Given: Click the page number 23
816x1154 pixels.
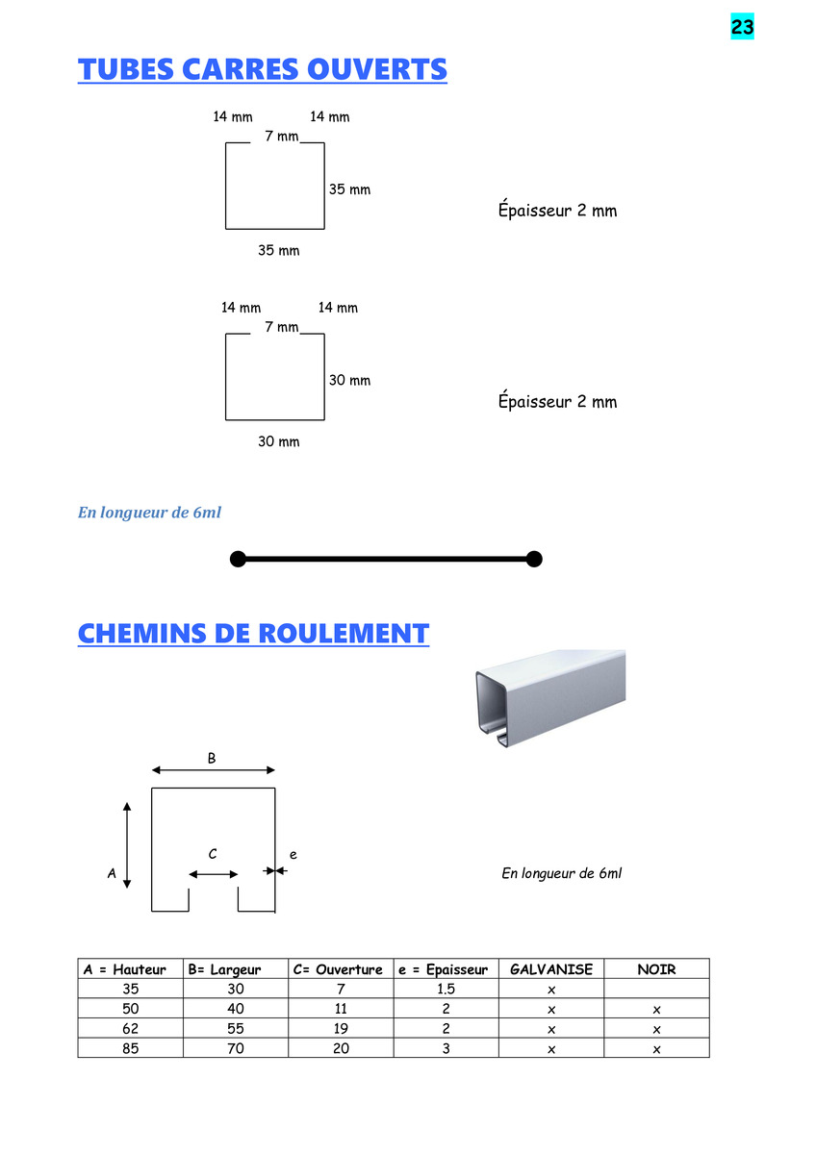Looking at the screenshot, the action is point(742,26).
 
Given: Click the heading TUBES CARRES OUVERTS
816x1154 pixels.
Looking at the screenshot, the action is point(263,69).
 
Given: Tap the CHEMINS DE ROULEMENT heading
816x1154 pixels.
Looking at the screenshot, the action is point(253,633).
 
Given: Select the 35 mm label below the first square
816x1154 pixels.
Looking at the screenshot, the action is point(278,250).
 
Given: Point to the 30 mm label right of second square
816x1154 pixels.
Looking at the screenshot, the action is point(349,380).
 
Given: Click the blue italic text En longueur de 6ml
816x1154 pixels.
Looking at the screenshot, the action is point(149,512).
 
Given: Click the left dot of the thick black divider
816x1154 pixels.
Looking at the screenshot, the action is point(238,559).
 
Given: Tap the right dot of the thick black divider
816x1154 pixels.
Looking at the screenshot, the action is point(534,559).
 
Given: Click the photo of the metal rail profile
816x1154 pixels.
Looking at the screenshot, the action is point(550,698).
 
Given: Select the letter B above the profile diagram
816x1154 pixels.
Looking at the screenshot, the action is point(212,759).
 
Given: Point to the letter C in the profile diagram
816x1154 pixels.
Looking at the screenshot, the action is point(213,854).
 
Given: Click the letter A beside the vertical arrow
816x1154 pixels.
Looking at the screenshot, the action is point(112,873).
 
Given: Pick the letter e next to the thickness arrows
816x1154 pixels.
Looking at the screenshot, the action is point(293,855).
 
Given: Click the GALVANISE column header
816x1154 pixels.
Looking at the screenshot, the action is point(551,969).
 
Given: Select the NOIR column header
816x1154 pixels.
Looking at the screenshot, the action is point(656,969).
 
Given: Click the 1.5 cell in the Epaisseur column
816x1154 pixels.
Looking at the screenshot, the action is point(446,990).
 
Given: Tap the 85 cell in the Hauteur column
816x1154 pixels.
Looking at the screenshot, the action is point(131,1048).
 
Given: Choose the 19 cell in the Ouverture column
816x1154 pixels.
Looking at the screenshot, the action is point(341,1029).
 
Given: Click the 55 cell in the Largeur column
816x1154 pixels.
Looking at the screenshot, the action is point(236,1029).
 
